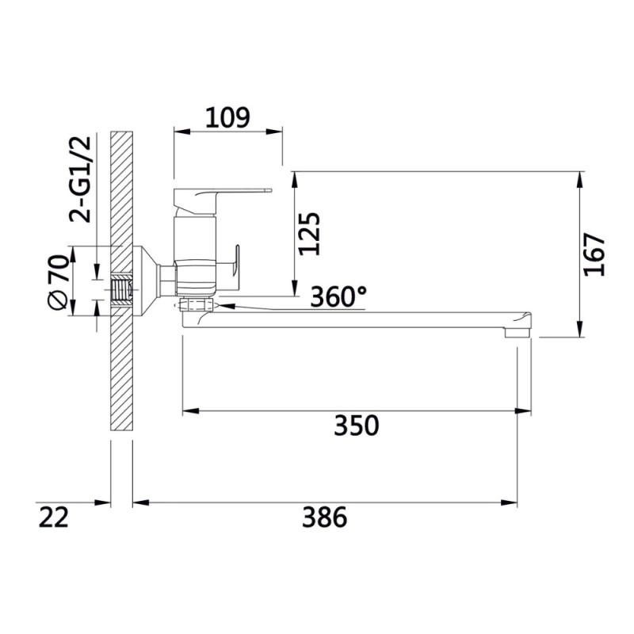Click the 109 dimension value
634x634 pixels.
pos(227,117)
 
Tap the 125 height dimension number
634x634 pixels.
pos(309,233)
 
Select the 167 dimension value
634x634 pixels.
pos(594,254)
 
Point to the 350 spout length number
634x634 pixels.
pos(356,426)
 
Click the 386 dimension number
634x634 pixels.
pos(324,518)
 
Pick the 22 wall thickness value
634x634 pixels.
pos(53,518)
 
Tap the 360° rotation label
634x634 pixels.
pos(339,296)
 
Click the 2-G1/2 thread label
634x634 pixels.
pos(81,180)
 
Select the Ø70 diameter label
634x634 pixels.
pos(57,281)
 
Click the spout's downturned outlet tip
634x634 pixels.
pos(518,332)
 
